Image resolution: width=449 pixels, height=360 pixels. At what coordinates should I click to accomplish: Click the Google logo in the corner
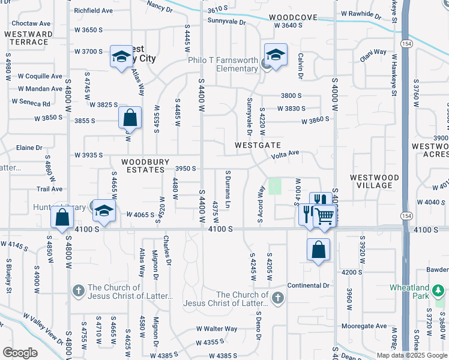pyautogui.click(x=20, y=353)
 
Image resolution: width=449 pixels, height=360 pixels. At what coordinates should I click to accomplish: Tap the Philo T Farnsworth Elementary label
pyautogui.click(x=222, y=65)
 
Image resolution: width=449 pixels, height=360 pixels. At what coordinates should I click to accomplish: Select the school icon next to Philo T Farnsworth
pyautogui.click(x=275, y=56)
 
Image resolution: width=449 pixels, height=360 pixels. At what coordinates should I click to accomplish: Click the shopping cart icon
pyautogui.click(x=325, y=215)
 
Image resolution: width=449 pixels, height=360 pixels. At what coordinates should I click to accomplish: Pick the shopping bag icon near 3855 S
pyautogui.click(x=130, y=118)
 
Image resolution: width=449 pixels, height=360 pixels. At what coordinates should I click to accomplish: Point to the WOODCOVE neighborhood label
pyautogui.click(x=293, y=18)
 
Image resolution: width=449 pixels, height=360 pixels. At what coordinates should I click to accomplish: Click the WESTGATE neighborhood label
pyautogui.click(x=258, y=145)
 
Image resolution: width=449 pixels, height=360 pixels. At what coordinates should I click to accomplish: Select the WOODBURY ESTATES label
pyautogui.click(x=143, y=166)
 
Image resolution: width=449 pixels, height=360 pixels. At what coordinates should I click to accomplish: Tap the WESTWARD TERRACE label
pyautogui.click(x=28, y=38)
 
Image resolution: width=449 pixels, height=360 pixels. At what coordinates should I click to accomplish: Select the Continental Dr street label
pyautogui.click(x=309, y=286)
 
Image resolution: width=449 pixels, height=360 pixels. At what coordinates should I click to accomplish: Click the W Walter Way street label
pyautogui.click(x=217, y=329)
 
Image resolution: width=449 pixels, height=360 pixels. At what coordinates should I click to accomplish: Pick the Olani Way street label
pyautogui.click(x=373, y=52)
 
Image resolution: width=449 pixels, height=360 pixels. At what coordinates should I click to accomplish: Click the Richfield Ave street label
pyautogui.click(x=93, y=11)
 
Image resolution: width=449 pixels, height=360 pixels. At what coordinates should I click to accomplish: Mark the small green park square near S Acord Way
pyautogui.click(x=274, y=187)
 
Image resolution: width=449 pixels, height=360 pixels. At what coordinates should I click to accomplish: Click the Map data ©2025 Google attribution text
pyautogui.click(x=411, y=355)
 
